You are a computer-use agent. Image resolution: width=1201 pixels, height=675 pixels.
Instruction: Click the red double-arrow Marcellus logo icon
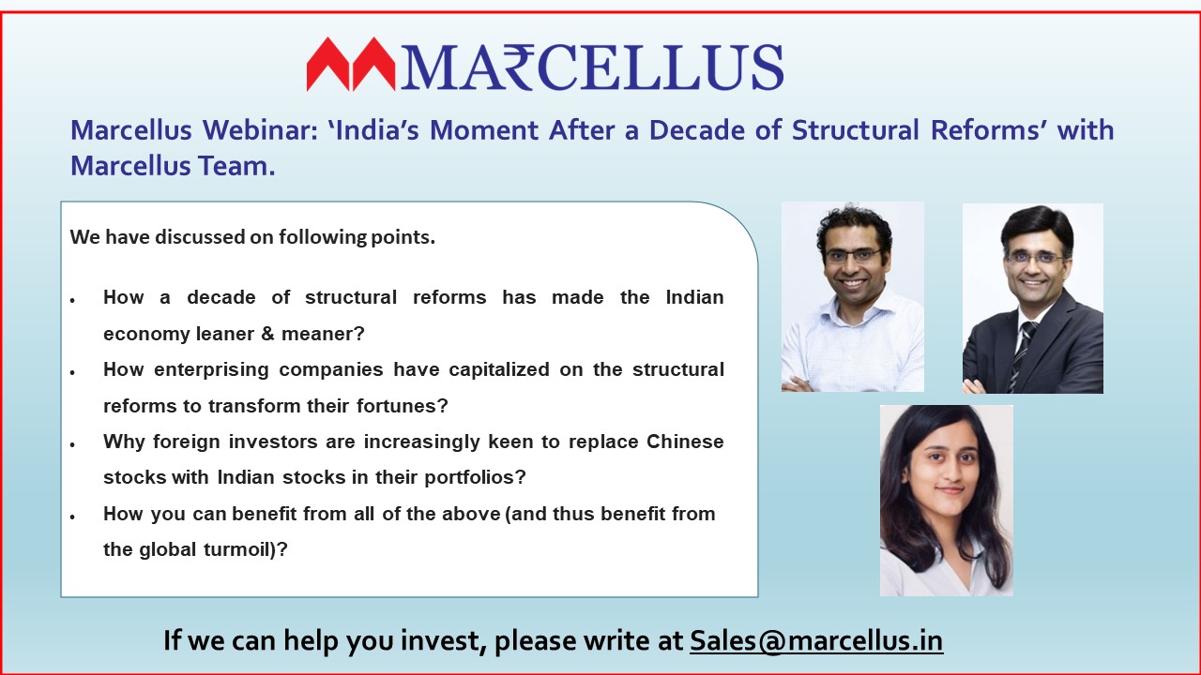(351, 64)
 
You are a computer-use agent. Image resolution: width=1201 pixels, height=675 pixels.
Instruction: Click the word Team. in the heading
(236, 166)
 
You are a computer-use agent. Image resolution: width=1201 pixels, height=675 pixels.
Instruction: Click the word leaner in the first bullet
(224, 334)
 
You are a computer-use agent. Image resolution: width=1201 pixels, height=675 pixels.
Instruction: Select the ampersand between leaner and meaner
(267, 335)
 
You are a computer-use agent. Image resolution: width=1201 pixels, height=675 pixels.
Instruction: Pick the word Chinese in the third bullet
(685, 442)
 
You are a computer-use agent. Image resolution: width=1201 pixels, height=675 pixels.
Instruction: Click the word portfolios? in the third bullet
(475, 477)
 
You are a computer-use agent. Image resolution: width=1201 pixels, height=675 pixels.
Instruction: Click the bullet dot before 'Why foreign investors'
(72, 444)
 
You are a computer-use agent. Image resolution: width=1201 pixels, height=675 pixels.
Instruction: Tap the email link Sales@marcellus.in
(816, 640)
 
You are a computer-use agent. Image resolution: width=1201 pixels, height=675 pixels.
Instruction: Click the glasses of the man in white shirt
(853, 255)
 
